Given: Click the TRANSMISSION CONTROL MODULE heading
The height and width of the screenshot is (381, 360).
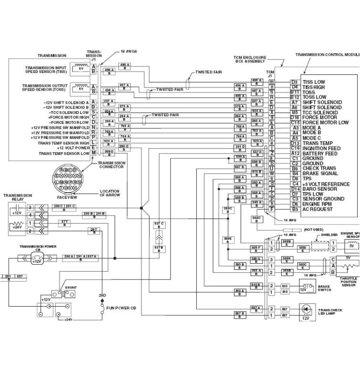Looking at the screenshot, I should pyautogui.click(x=328, y=55).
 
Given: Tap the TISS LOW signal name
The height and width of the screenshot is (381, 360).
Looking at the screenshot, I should pyautogui.click(x=314, y=82).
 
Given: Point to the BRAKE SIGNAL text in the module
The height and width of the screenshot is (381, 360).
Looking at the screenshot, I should pyautogui.click(x=319, y=174).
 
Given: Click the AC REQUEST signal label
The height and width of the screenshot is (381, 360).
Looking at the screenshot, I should pyautogui.click(x=318, y=209).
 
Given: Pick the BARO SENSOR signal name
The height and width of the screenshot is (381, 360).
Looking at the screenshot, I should pyautogui.click(x=319, y=189).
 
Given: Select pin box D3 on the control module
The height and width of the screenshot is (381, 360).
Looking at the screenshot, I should pyautogui.click(x=295, y=82).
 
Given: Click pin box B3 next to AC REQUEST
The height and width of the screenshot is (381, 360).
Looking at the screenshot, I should pyautogui.click(x=295, y=209).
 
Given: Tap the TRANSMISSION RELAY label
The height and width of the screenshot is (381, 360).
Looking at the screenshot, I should pyautogui.click(x=18, y=197).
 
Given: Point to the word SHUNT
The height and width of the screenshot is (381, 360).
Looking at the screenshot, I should pyautogui.click(x=71, y=288).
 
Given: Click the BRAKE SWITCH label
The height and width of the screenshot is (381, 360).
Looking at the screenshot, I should pyautogui.click(x=324, y=288).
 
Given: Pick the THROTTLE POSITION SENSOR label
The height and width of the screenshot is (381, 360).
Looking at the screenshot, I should pyautogui.click(x=348, y=281).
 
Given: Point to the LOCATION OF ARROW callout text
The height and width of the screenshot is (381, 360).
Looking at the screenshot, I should pyautogui.click(x=109, y=193).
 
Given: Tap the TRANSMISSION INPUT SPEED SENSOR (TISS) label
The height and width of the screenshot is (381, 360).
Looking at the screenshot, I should pyautogui.click(x=46, y=70).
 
